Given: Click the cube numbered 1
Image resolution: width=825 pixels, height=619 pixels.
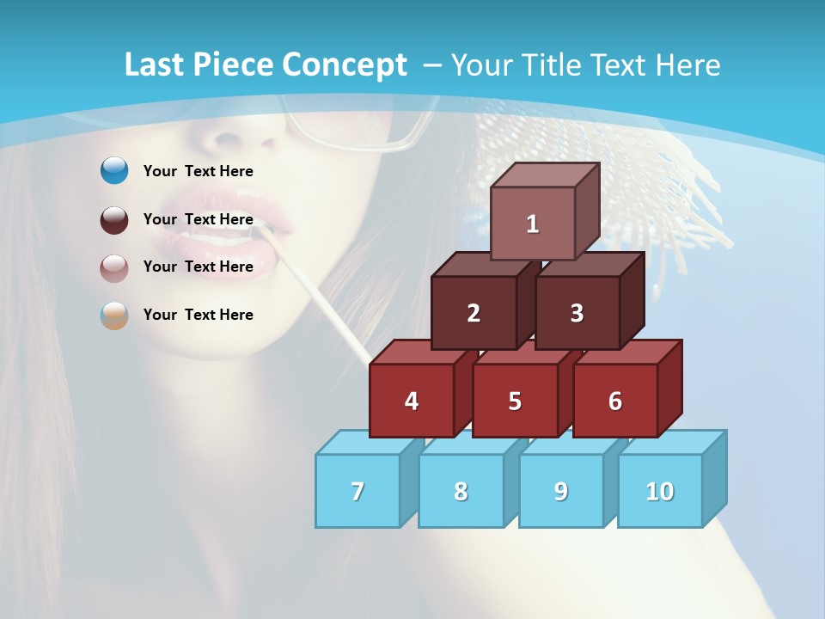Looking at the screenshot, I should [533, 224].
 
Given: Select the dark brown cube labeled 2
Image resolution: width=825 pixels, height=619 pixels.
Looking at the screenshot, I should [474, 313].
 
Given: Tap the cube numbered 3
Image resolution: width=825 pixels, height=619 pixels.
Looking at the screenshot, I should [577, 313].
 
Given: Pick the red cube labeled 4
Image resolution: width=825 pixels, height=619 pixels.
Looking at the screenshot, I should [412, 401].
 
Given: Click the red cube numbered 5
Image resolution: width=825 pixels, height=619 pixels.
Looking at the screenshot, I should [515, 401].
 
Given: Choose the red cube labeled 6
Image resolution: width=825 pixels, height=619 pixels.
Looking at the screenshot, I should [615, 401].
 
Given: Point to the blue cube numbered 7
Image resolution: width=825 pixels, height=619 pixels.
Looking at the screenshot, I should [357, 491].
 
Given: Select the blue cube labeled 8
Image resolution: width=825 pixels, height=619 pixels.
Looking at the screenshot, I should [461, 491].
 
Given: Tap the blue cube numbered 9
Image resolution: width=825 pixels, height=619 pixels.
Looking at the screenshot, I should [560, 491].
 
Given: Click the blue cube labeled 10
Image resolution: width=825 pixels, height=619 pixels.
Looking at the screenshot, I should [659, 491].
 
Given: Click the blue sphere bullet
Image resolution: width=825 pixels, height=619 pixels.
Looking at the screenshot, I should [114, 171].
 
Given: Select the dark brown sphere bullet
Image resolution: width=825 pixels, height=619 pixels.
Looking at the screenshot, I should [114, 220].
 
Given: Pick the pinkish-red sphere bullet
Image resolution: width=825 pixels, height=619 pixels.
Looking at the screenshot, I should [114, 268].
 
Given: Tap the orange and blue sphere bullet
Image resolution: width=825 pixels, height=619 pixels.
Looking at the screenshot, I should [114, 316].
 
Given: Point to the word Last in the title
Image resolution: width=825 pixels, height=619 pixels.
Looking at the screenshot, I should [157, 65].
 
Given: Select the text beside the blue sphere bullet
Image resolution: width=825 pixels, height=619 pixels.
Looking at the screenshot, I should [198, 171].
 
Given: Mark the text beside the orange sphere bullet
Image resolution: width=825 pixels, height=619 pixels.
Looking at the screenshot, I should [198, 315].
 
